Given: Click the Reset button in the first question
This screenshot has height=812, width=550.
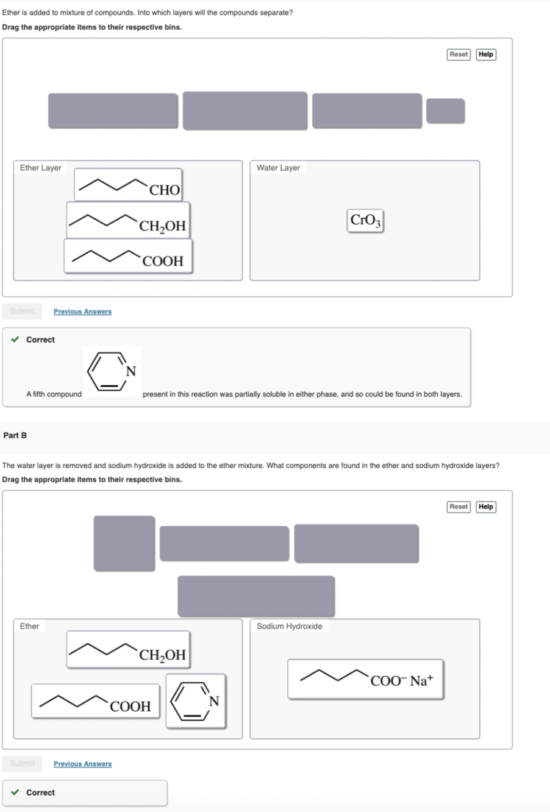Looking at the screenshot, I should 459,54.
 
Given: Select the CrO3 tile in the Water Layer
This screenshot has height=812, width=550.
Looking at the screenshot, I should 365,220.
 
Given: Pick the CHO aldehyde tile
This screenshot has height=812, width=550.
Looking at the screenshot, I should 128,185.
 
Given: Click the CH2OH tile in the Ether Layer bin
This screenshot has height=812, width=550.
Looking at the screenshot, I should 128,221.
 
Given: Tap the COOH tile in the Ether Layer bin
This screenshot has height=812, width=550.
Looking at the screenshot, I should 128,256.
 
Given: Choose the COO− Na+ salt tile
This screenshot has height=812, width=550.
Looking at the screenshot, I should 365,679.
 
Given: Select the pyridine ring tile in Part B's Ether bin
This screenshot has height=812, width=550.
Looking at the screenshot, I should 196,700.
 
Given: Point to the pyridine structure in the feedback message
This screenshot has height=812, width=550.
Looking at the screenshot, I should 112,371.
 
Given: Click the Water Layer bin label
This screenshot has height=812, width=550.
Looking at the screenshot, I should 278,168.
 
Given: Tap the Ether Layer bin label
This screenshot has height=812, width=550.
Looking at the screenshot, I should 40,168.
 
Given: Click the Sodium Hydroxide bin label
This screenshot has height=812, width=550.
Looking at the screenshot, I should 289,626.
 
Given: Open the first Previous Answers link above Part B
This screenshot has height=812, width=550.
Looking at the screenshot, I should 82,312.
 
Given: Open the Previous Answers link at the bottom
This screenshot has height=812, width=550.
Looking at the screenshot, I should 82,764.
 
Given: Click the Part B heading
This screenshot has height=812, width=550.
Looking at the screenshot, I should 15,435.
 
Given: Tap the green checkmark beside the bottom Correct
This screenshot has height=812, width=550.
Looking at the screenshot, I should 15,792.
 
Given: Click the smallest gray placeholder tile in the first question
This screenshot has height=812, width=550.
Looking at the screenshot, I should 445,111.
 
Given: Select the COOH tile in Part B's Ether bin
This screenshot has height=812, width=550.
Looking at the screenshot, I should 96,701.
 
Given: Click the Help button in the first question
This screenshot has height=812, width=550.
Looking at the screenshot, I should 485,54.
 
